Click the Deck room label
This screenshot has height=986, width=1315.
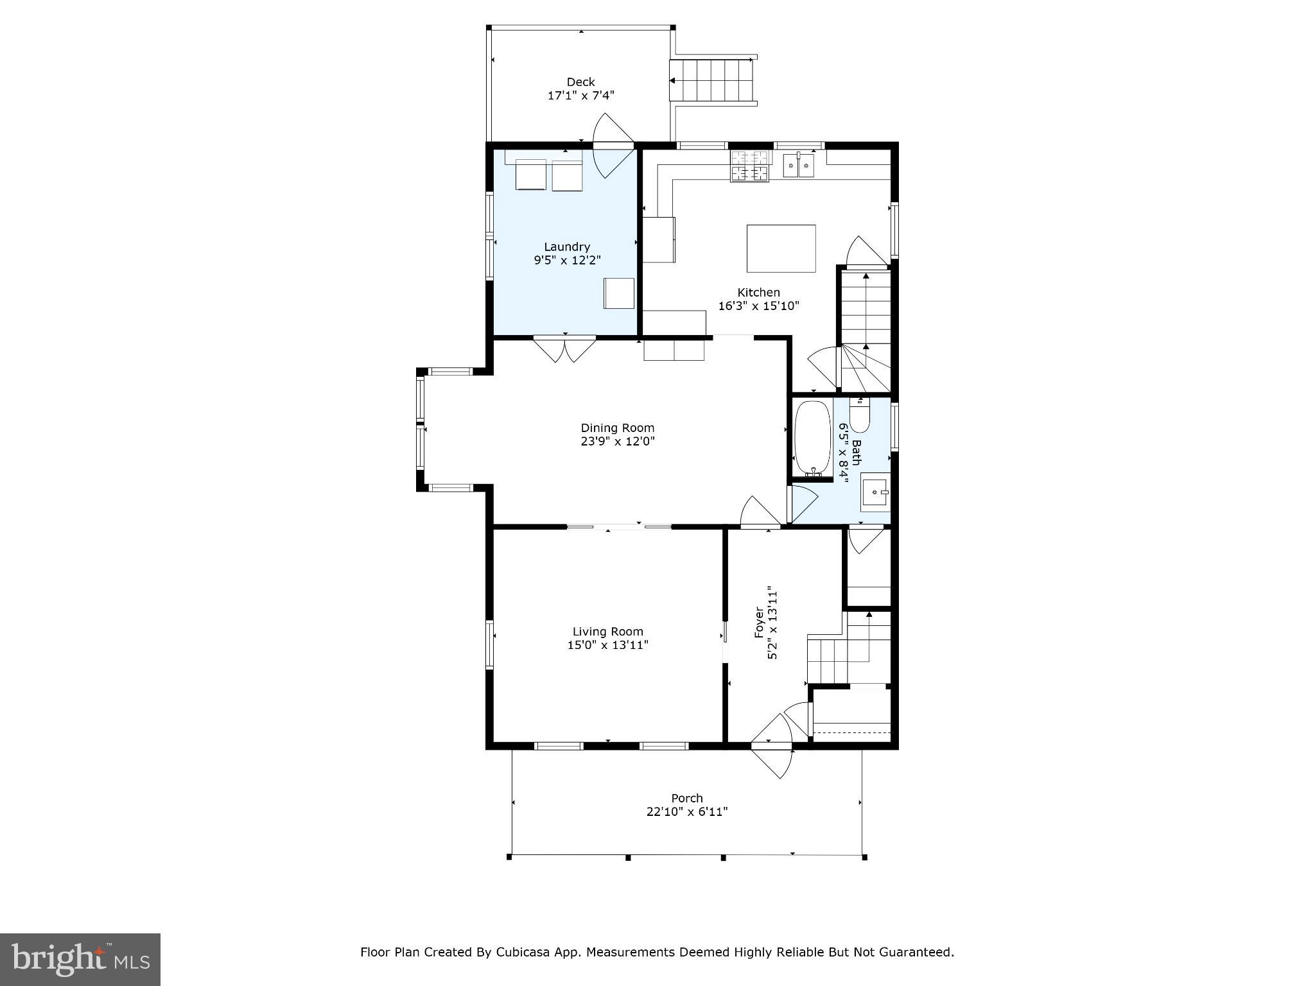580,82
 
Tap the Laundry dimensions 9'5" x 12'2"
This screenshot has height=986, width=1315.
567,260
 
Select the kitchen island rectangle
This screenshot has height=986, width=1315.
781,248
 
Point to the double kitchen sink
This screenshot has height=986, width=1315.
798,166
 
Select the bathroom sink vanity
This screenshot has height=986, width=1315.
875,492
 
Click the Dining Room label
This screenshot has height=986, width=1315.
617,428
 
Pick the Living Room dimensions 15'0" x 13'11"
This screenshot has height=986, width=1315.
607,645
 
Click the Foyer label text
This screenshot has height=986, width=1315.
759,622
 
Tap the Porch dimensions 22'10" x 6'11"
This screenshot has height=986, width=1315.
686,812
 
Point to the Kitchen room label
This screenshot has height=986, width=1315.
758,292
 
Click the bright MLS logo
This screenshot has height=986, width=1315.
80,960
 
